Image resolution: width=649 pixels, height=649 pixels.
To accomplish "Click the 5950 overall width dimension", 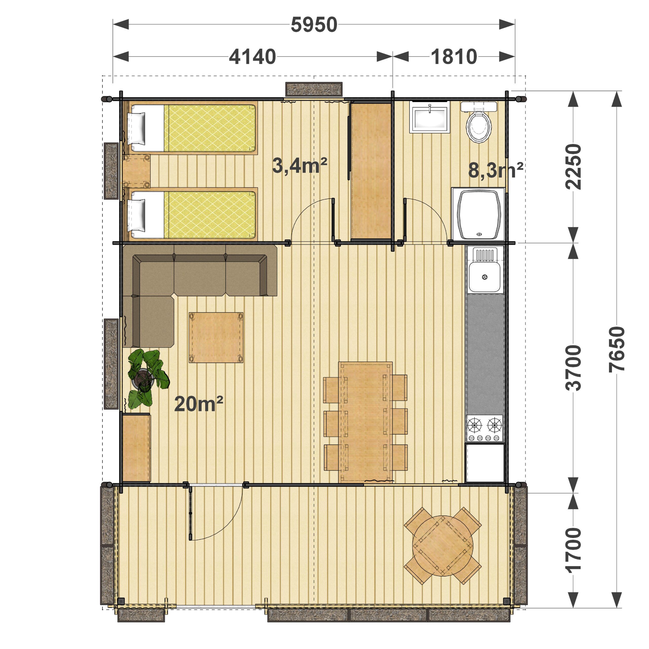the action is [314, 25].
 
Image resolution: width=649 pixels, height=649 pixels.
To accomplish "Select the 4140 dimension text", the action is [252, 57].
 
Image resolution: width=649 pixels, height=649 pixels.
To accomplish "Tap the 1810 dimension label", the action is [454, 57].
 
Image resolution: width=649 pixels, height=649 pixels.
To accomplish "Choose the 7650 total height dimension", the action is [617, 349].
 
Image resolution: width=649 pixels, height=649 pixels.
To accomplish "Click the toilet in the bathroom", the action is [479, 123].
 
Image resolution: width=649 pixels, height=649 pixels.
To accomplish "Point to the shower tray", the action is [478, 214].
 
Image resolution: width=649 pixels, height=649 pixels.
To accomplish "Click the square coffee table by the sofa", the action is [216, 337].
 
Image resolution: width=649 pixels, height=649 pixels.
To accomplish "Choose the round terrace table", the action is [443, 546].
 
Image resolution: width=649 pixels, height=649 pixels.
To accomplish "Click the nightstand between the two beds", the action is [137, 171].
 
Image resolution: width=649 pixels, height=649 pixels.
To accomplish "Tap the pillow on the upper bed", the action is [137, 128].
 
